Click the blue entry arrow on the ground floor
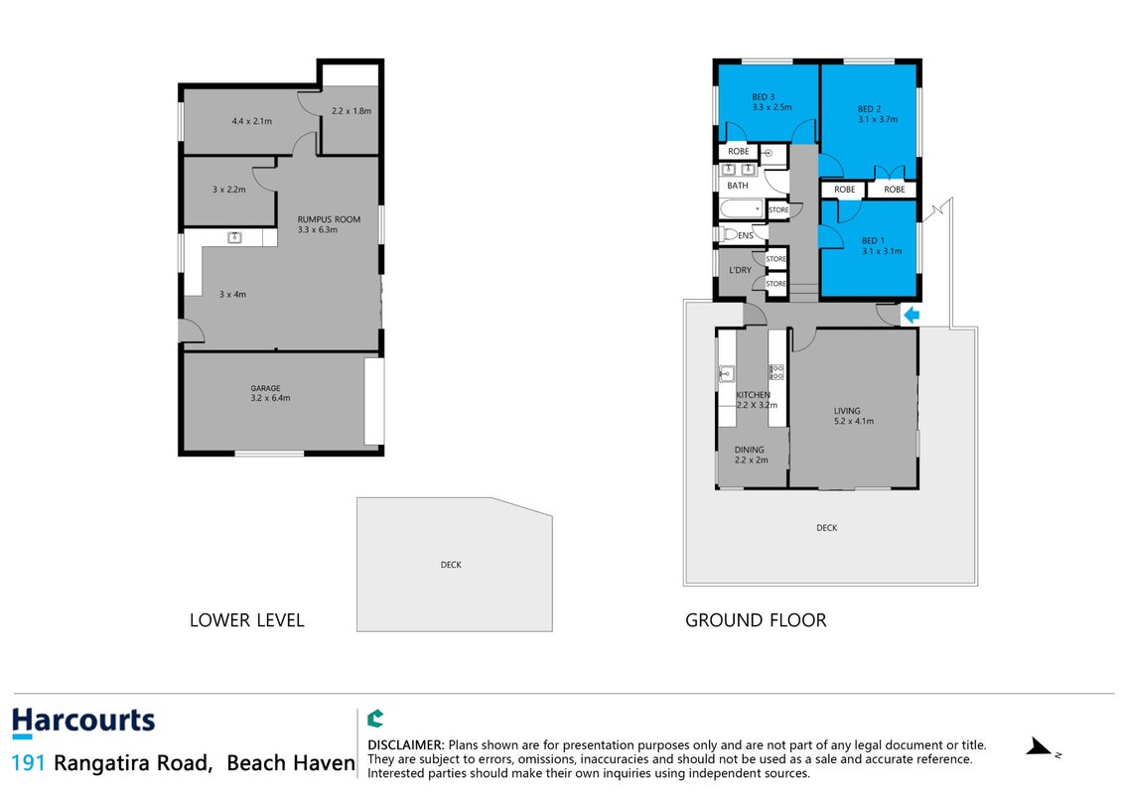click(911, 315)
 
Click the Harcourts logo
click(83, 722)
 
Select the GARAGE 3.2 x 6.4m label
click(270, 393)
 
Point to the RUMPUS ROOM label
click(329, 224)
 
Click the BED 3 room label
click(771, 102)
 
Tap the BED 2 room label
click(878, 114)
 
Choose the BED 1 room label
click(882, 246)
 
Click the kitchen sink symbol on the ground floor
click(726, 372)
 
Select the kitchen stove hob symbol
click(776, 372)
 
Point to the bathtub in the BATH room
click(742, 208)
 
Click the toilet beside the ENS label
click(729, 234)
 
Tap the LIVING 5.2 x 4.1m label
click(853, 416)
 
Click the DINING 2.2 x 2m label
click(751, 455)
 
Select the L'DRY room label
click(740, 270)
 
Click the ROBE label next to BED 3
click(739, 151)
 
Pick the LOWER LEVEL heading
click(247, 620)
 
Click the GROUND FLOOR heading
click(756, 620)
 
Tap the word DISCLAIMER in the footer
click(405, 745)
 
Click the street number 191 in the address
click(28, 763)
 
